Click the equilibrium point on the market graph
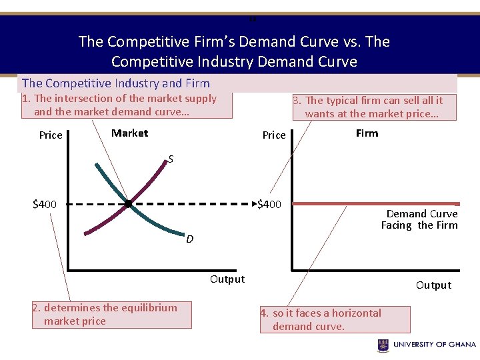(x=128, y=204)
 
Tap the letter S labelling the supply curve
(x=171, y=159)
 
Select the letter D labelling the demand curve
(x=190, y=239)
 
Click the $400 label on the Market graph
(x=45, y=204)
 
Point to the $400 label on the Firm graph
(x=269, y=204)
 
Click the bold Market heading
(x=129, y=133)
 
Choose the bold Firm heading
(x=367, y=133)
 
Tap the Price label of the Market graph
(x=51, y=135)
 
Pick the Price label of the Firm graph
(x=274, y=135)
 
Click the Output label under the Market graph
(x=227, y=279)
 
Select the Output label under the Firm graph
(x=433, y=285)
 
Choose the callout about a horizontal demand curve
(x=335, y=319)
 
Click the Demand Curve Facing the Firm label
(x=419, y=219)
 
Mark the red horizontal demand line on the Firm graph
(x=373, y=203)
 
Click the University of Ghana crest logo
(x=383, y=345)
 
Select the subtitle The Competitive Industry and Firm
(x=116, y=83)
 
